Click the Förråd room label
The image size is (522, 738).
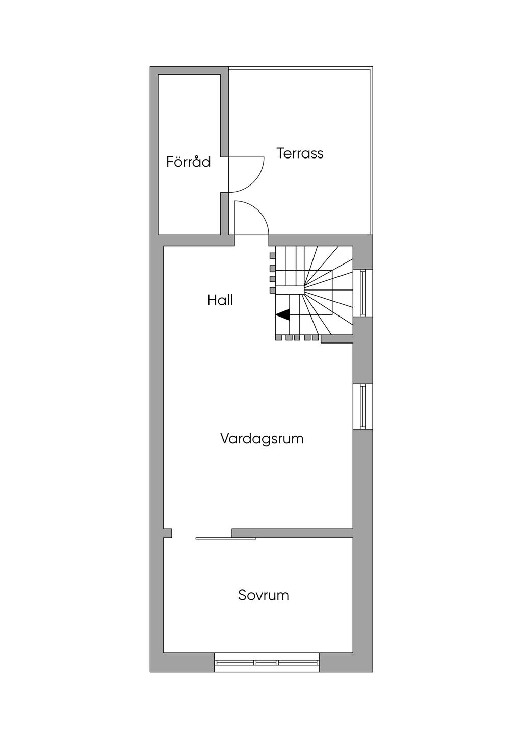point(189,162)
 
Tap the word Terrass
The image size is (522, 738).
point(300,153)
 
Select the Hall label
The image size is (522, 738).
point(220,300)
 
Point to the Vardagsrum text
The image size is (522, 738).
point(262,439)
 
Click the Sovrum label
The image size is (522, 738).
point(264,595)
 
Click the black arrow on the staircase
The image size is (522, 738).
point(283,315)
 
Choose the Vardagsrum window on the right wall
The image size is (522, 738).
point(363,407)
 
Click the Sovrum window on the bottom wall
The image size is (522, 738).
point(267,662)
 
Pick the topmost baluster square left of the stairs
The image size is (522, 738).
point(273,255)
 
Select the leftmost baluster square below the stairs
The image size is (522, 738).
point(279,337)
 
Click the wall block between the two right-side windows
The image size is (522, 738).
point(363,351)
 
